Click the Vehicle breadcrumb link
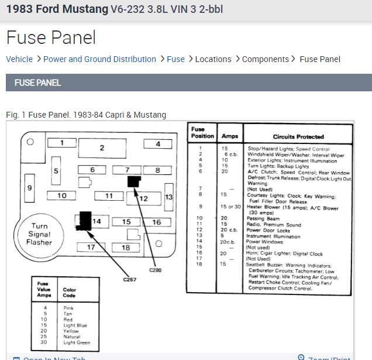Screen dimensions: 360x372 [19, 59]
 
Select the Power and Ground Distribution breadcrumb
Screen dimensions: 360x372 [99, 59]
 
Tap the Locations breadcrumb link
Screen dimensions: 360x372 [213, 59]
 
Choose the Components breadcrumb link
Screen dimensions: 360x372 [265, 59]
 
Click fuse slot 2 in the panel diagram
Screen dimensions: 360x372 [102, 148]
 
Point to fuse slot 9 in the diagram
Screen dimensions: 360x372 [29, 188]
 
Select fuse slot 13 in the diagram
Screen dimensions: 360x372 [168, 197]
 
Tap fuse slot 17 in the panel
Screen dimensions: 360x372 [91, 247]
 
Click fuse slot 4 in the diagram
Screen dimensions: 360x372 [158, 144]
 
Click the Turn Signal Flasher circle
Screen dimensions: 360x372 [39, 234]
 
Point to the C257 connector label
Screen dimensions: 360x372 [129, 279]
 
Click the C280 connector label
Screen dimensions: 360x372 [155, 270]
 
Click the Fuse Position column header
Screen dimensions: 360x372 [199, 132]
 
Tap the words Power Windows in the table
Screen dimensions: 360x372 [265, 241]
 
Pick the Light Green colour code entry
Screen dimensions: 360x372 [77, 342]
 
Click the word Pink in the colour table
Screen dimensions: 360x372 [68, 308]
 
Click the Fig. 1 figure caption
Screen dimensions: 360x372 [86, 115]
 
